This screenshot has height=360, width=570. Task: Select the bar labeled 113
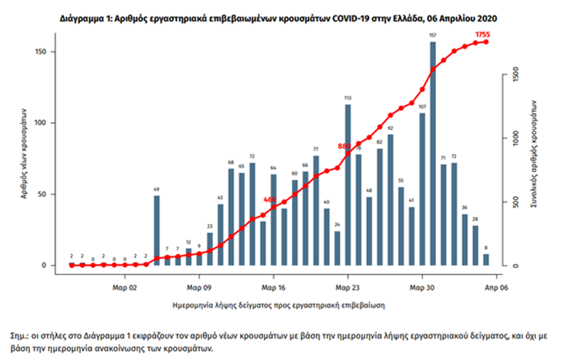click(348, 185)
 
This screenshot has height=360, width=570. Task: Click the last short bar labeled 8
click(486, 259)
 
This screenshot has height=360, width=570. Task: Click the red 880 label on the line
click(345, 146)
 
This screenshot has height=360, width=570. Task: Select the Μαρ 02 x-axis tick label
click(125, 288)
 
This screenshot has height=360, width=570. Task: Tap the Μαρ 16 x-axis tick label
click(273, 288)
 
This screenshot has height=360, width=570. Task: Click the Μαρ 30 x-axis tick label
click(423, 288)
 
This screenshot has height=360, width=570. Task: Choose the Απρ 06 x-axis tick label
click(497, 288)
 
